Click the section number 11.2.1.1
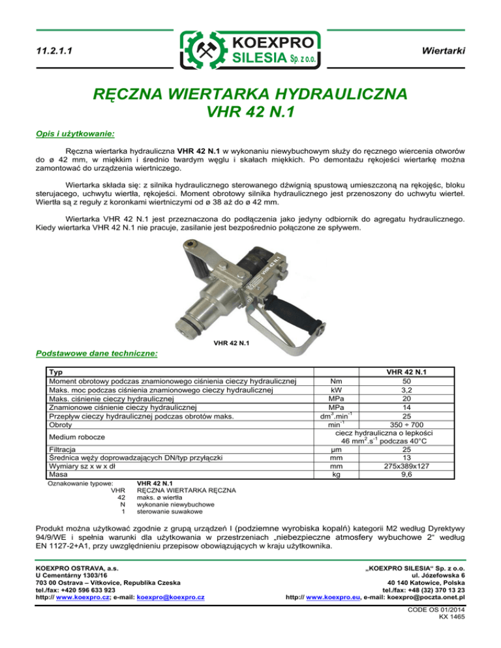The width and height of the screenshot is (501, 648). click(x=55, y=50)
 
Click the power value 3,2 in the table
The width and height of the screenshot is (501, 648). click(x=406, y=389)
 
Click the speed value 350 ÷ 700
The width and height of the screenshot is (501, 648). click(x=406, y=425)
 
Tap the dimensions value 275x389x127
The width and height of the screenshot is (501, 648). click(x=406, y=467)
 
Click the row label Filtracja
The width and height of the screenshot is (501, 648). click(x=62, y=449)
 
